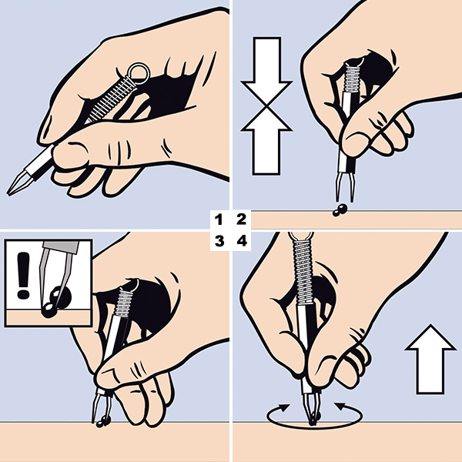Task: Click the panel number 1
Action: click(x=219, y=219)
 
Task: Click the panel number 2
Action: click(x=241, y=219)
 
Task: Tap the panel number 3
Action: click(x=219, y=241)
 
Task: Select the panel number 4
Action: click(x=242, y=241)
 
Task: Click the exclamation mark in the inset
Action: click(x=23, y=275)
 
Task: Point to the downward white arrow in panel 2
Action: click(x=266, y=70)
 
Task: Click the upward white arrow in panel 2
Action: click(x=266, y=141)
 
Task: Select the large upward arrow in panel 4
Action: click(x=430, y=359)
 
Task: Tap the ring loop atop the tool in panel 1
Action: click(x=139, y=74)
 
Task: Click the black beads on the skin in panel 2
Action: click(x=340, y=209)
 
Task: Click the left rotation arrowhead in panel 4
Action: click(x=284, y=408)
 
